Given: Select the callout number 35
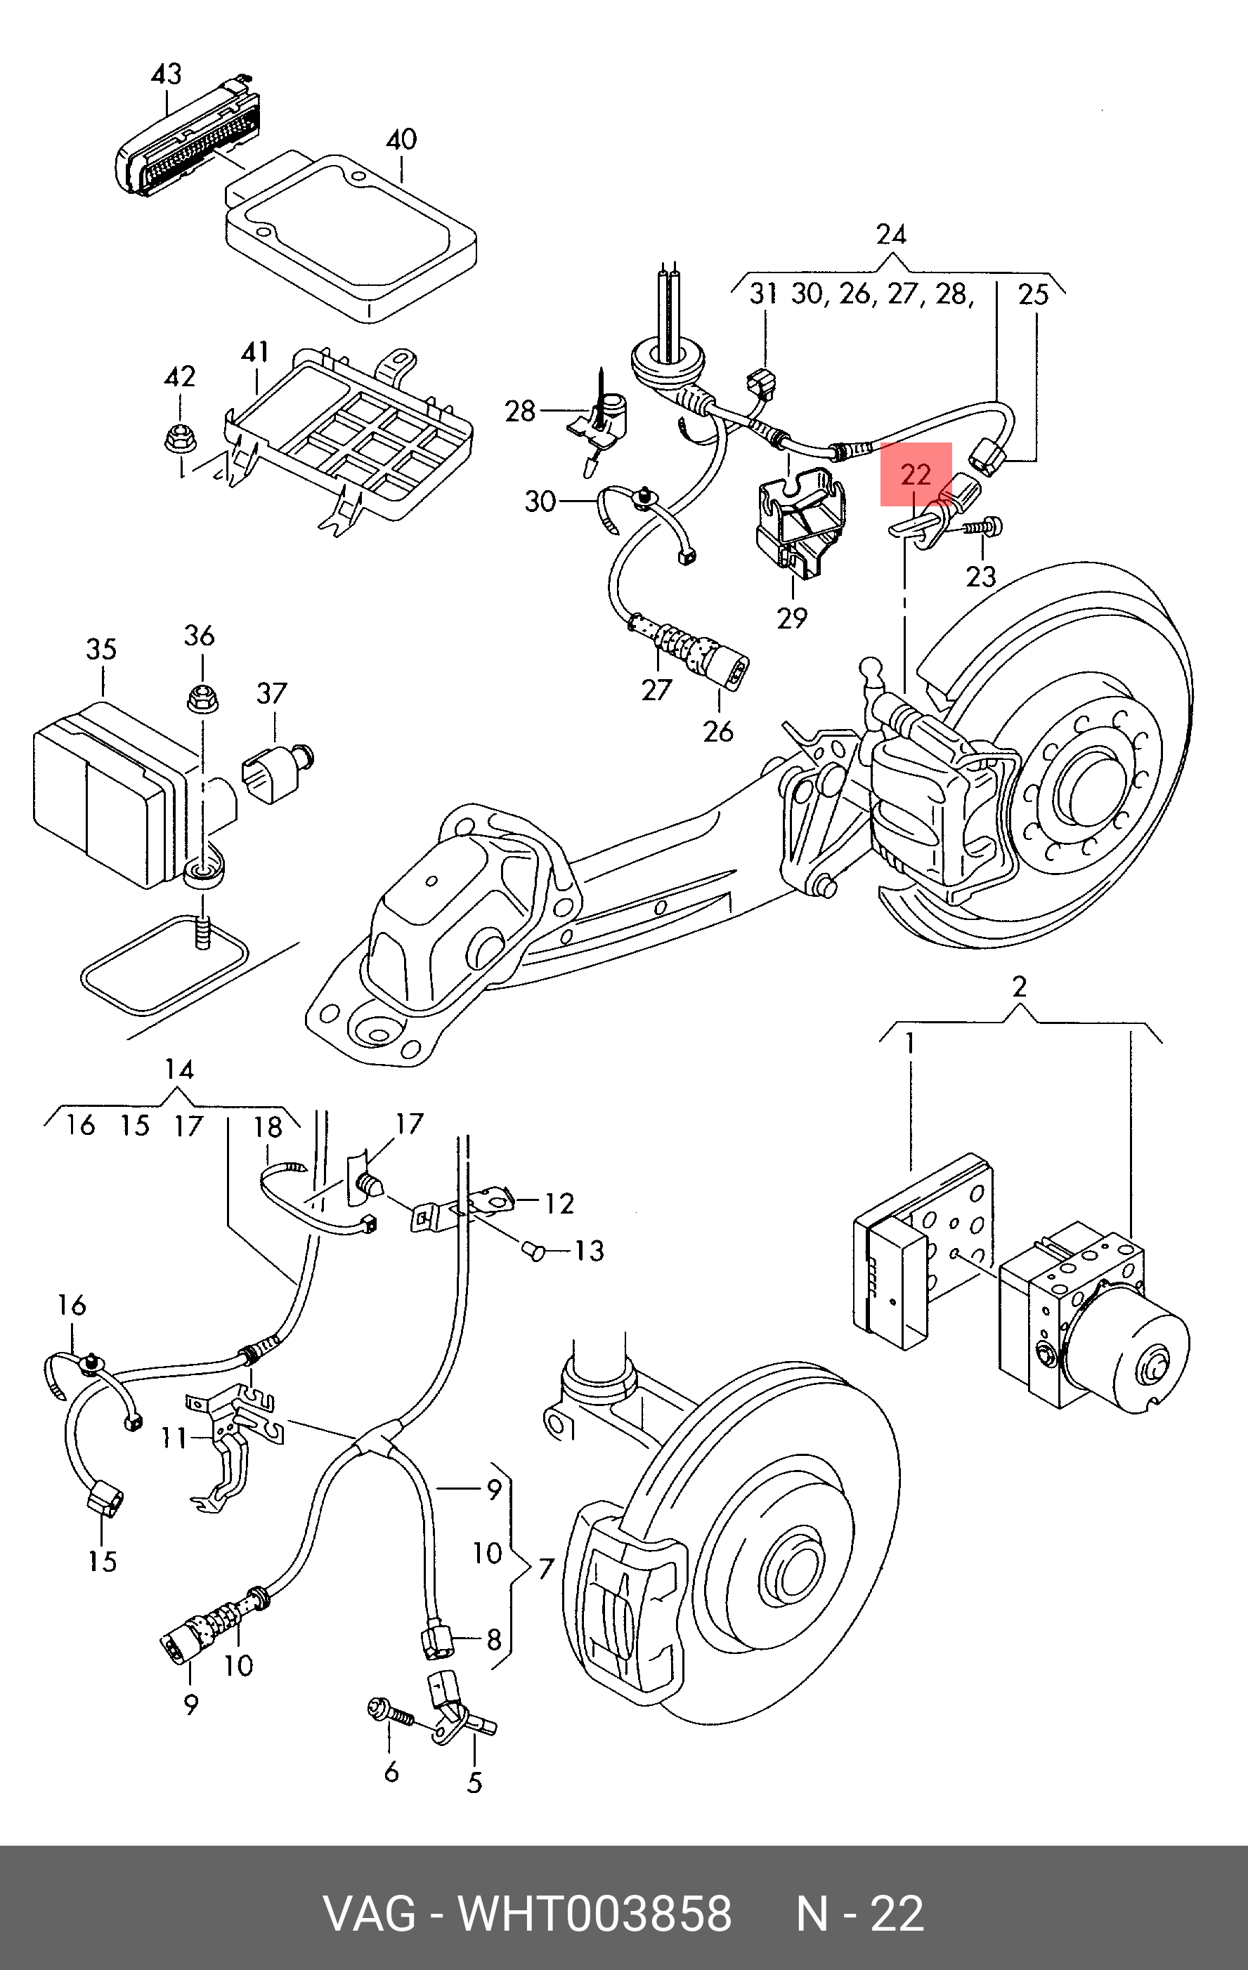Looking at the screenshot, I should tap(101, 650).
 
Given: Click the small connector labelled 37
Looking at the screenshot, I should tap(275, 769).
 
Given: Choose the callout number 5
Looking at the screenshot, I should tap(474, 1782).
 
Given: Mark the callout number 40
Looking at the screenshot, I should tap(401, 140).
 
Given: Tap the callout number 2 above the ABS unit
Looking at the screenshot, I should tap(1019, 987).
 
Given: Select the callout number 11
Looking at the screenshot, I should tap(174, 1438).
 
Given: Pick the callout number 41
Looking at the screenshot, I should tap(255, 352).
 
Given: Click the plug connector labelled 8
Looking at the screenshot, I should tap(434, 1641).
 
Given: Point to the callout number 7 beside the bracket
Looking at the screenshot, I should tap(546, 1568).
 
